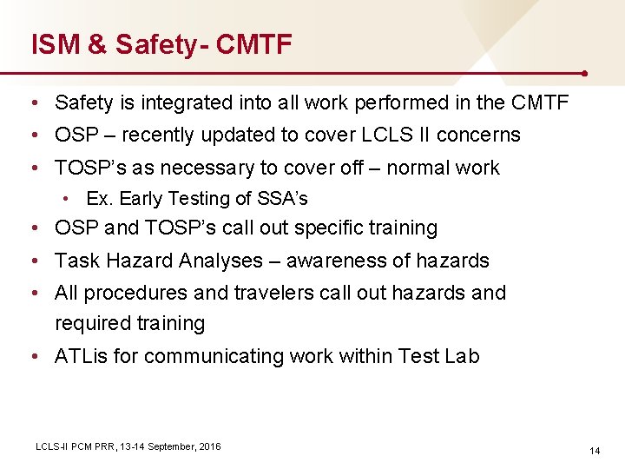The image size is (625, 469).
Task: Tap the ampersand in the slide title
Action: click(97, 44)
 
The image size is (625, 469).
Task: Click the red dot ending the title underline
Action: click(588, 74)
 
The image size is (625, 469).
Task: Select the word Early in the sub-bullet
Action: click(140, 199)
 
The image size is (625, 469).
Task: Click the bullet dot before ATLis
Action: click(32, 357)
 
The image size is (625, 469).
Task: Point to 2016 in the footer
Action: click(210, 446)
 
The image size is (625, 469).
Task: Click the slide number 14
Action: click(595, 451)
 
